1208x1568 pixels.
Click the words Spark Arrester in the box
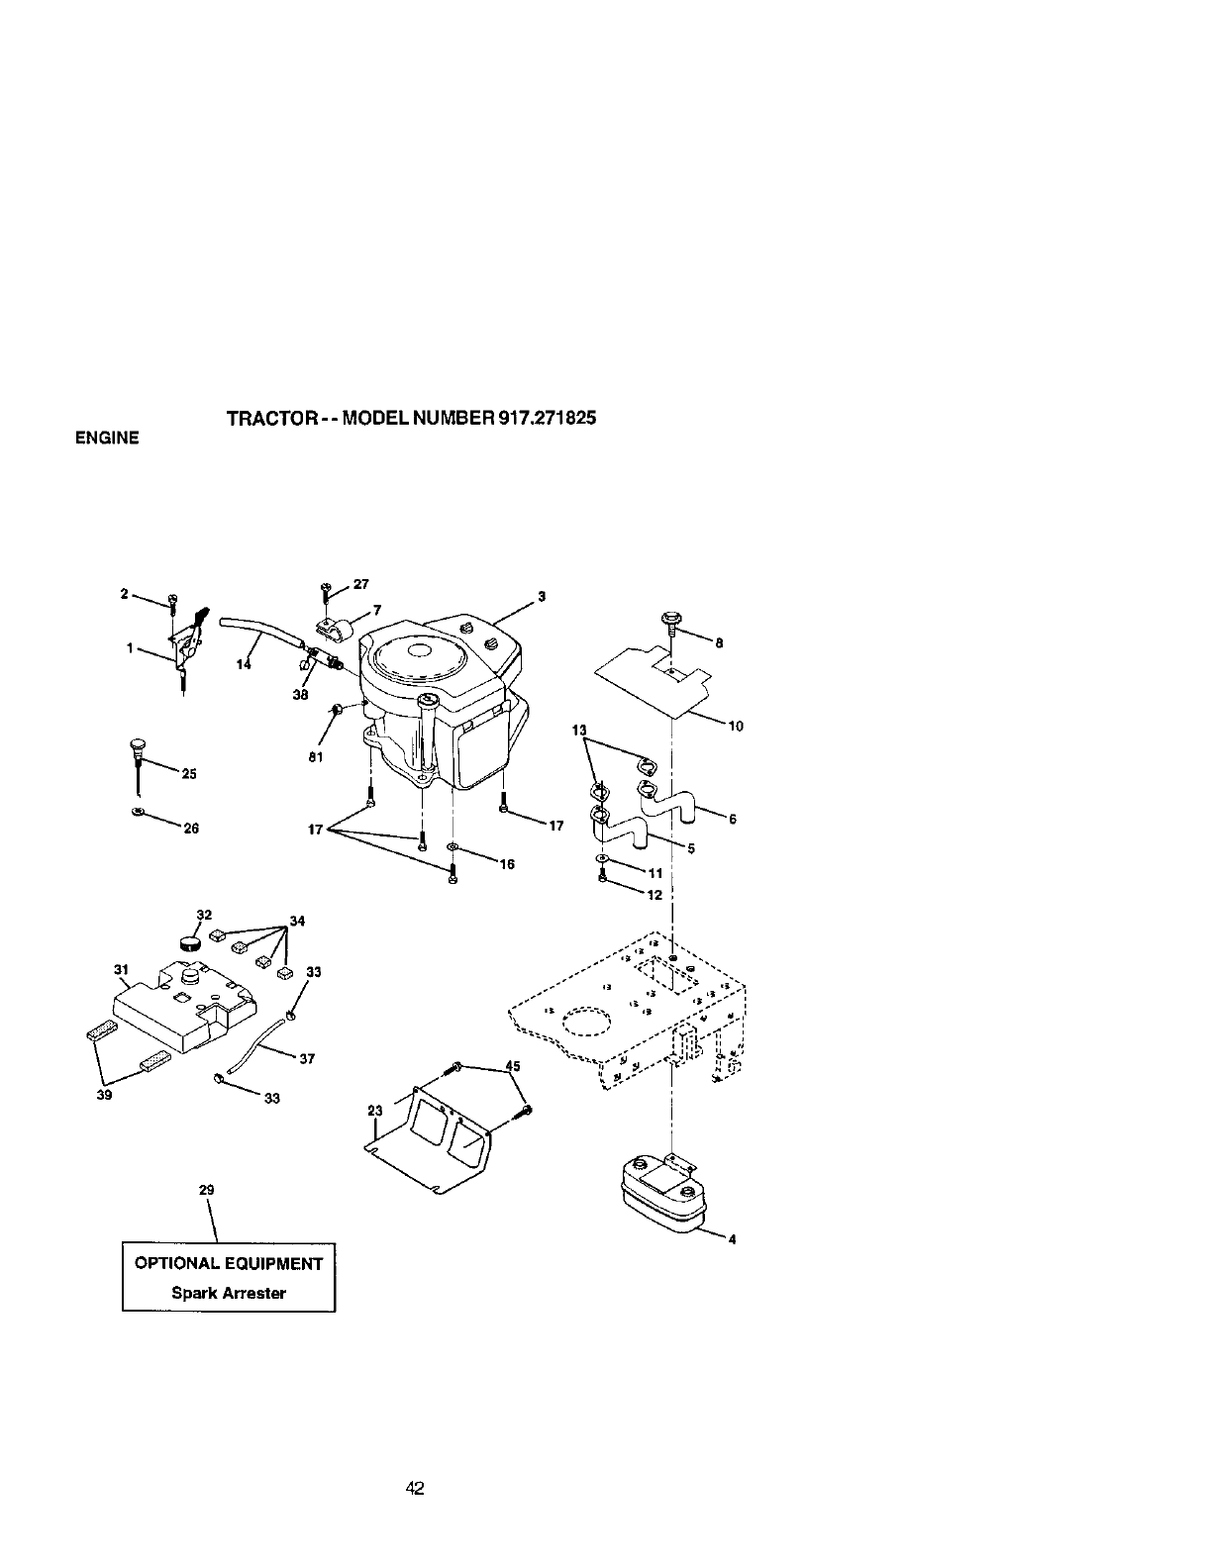point(229,1293)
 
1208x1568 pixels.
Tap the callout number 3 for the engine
point(542,596)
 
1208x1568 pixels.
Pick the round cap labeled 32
point(189,939)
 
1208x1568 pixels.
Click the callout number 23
point(374,1112)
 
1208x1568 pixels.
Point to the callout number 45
point(513,1066)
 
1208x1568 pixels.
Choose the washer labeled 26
point(138,812)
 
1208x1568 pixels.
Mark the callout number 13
point(580,731)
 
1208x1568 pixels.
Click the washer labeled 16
point(452,847)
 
